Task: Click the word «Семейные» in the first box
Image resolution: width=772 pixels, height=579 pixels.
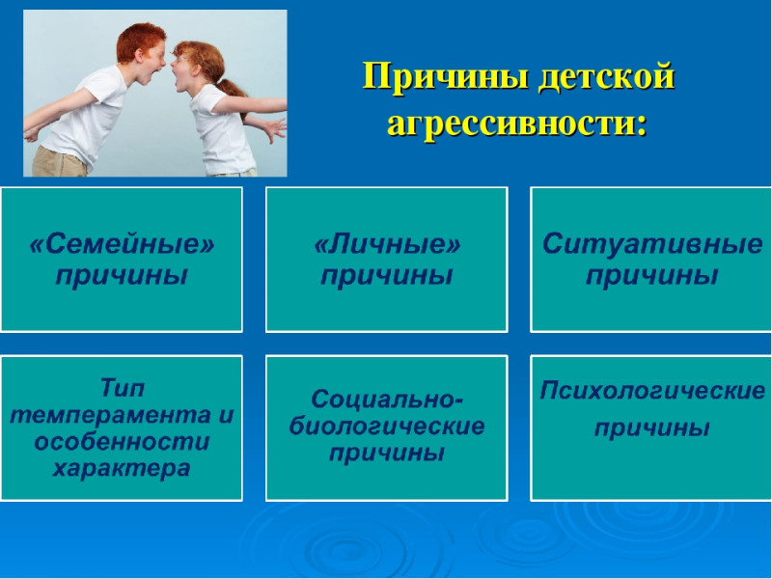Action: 123,244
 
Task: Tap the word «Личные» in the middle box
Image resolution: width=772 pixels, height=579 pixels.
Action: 387,244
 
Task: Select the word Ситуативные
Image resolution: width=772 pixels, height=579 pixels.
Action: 652,244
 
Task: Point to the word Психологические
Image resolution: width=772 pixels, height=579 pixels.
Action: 652,391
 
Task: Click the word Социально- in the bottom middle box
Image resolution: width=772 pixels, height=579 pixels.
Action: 387,399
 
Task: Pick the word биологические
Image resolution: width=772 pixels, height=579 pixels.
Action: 387,427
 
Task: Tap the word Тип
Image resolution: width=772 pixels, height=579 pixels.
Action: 123,388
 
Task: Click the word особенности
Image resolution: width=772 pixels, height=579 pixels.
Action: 123,441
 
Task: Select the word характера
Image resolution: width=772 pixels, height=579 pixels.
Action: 122,468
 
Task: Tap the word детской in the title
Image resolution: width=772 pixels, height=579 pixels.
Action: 606,77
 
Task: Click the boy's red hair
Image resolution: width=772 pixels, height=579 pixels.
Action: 139,40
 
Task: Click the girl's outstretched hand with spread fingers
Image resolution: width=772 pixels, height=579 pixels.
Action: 272,129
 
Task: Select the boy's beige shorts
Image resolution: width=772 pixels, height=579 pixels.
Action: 60,162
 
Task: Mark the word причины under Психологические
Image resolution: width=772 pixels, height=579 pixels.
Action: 652,427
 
